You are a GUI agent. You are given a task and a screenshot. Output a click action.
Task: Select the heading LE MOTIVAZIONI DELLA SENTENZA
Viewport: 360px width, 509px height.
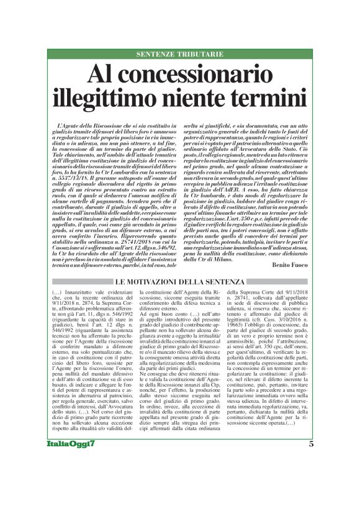(180, 283)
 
